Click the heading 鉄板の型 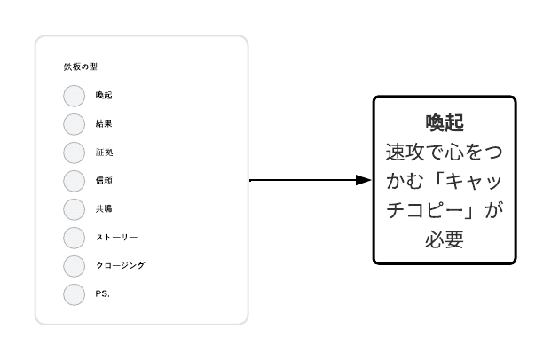[81, 67]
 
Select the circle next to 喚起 [75, 96]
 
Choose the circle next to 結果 [75, 124]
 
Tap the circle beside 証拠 [75, 153]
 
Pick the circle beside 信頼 [75, 181]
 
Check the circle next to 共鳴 [75, 209]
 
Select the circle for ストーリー [75, 238]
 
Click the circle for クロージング [75, 266]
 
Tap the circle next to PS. [75, 294]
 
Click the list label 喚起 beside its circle [104, 95]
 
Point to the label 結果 [104, 123]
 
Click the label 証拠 [104, 153]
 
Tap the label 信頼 [104, 181]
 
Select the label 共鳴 [104, 209]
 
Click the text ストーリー [116, 238]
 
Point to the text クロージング [121, 265]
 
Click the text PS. [103, 293]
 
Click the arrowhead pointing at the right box [364, 180]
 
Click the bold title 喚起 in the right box [445, 123]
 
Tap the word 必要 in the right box [445, 239]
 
